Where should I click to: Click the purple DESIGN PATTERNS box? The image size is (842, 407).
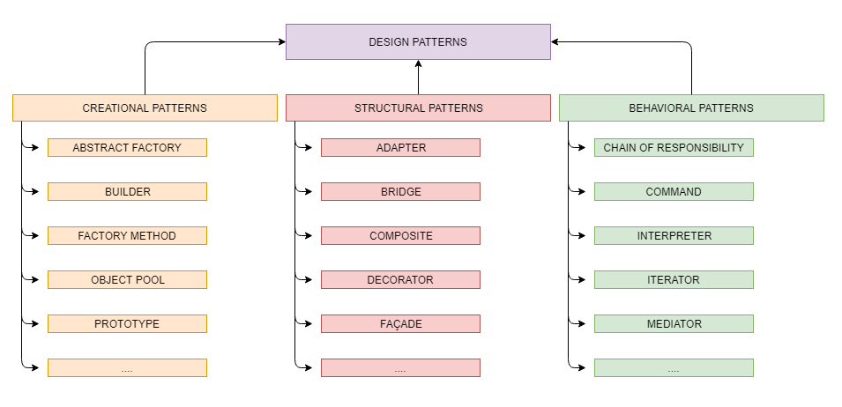coord(418,42)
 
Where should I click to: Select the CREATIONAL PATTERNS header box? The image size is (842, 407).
coord(145,108)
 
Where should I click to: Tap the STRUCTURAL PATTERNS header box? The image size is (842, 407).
coord(418,108)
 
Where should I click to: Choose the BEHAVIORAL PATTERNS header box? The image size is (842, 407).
coord(691,108)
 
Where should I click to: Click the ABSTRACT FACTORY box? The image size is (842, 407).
coord(127,148)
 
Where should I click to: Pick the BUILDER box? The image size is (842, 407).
coord(127,192)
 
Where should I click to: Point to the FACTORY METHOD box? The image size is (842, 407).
coord(127,236)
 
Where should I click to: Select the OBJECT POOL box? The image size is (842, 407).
coord(127,280)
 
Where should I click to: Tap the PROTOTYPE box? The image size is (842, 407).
coord(127,324)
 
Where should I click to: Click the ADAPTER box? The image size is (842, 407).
coord(400,148)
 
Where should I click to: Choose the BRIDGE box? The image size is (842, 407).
coord(400,192)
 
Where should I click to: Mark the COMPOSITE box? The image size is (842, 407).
coord(400,236)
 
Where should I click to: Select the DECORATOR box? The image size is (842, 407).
coord(400,280)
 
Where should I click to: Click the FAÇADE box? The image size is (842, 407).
coord(400,324)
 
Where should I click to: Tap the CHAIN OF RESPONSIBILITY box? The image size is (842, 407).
coord(674,148)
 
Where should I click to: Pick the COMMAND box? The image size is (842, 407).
coord(674,192)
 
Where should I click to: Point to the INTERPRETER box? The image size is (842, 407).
coord(674,236)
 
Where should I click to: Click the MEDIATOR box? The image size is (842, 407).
coord(674,324)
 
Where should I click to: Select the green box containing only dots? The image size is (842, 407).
coord(674,368)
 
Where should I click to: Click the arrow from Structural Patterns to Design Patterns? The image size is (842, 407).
coord(418,78)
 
